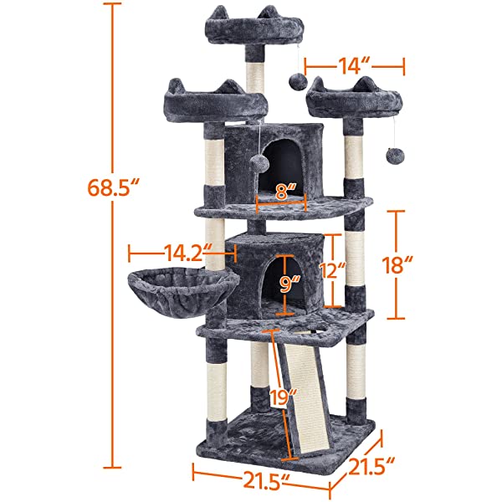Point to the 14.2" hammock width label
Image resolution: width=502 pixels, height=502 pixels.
pos(182,252)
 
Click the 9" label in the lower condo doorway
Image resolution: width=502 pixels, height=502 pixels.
pos(290,284)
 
